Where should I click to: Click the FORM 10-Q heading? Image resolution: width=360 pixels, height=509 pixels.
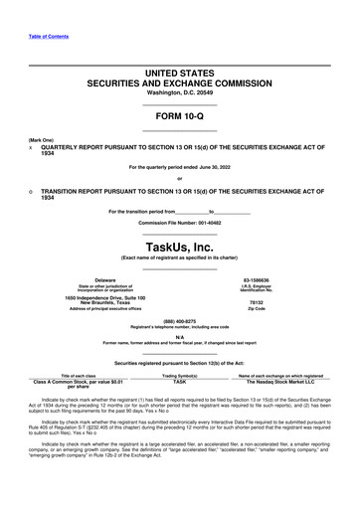(x=180, y=117)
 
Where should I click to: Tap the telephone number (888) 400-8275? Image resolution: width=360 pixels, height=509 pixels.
(x=180, y=321)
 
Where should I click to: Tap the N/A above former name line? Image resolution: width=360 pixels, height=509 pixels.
(x=180, y=337)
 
